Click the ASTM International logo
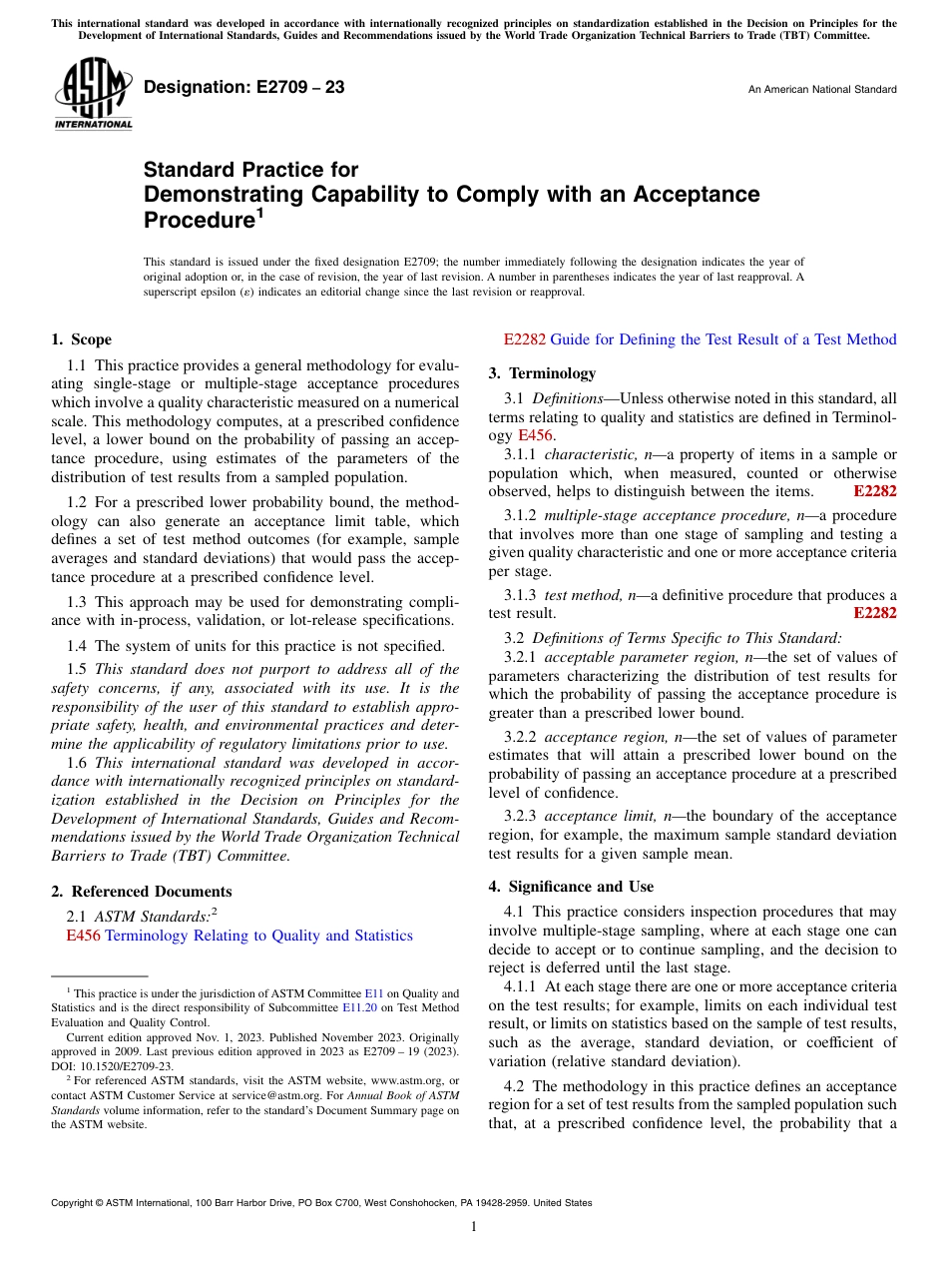pos(93,96)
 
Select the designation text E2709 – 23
pos(244,88)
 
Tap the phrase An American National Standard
pos(821,90)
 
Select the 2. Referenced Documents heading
pos(141,892)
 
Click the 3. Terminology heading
pos(542,373)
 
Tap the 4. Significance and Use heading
pos(571,887)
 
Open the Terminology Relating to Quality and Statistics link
pos(258,936)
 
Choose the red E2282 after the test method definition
pos(875,613)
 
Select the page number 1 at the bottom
pos(474,1227)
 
